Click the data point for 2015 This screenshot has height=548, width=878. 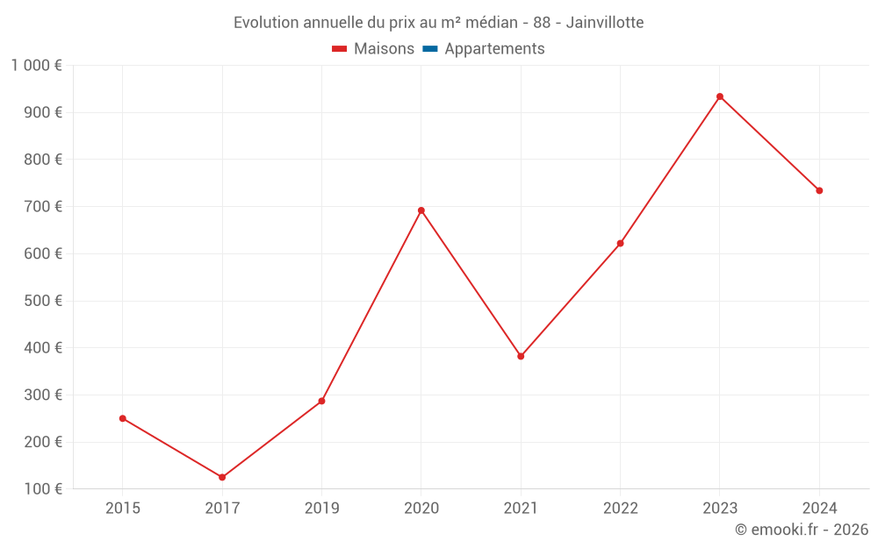click(123, 418)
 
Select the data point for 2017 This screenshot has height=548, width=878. click(222, 477)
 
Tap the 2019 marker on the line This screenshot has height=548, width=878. click(321, 401)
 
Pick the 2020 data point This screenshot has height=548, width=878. click(421, 210)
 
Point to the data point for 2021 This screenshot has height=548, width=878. click(521, 356)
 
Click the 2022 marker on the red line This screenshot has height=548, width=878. click(620, 243)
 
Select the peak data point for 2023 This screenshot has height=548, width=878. click(720, 96)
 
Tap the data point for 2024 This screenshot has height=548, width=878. click(819, 190)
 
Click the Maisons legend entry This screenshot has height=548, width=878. click(384, 49)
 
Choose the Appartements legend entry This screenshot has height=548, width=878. click(494, 49)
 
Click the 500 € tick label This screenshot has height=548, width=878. click(45, 301)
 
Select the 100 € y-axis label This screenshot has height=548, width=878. click(45, 489)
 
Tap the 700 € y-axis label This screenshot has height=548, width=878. click(45, 207)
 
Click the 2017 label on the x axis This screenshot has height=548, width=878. click(222, 508)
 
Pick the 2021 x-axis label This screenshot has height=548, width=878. click(521, 508)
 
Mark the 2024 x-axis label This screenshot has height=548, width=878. click(819, 508)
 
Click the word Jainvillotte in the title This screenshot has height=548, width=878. click(605, 22)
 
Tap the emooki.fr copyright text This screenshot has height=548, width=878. click(802, 530)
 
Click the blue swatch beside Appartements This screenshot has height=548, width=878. click(429, 49)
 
